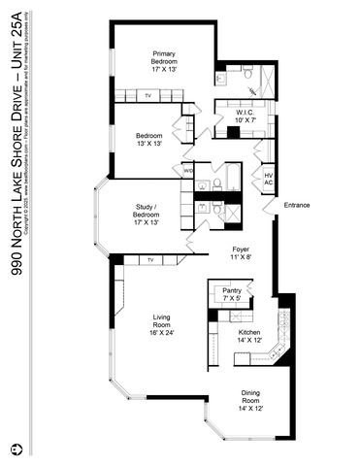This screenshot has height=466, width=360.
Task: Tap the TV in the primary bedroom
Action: [x=148, y=96]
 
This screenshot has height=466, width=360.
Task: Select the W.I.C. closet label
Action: [x=245, y=113]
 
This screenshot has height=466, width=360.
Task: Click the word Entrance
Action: [x=297, y=205]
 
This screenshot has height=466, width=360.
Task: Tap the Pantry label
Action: [x=231, y=290]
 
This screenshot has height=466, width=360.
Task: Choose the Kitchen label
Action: [x=249, y=333]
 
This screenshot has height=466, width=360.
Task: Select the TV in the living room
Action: [x=151, y=260]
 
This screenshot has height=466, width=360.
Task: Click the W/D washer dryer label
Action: [x=188, y=171]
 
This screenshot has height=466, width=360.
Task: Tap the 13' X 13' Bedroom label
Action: [x=148, y=135]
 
